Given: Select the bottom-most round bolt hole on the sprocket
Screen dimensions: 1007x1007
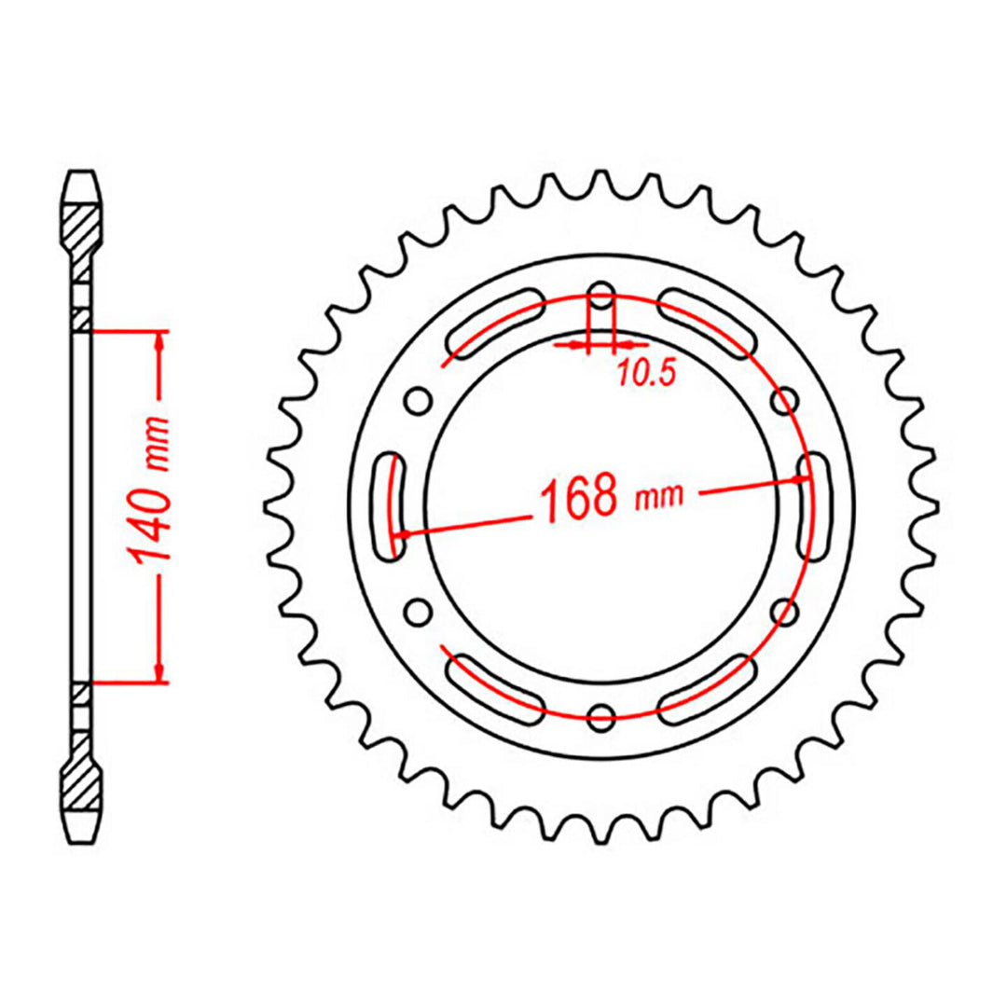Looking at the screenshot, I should click(x=602, y=717).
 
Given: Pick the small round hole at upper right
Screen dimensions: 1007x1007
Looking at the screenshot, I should click(x=786, y=403).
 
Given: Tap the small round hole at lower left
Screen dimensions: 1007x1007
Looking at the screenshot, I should click(x=419, y=612).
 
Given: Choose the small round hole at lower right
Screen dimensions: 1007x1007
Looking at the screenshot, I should click(x=786, y=612).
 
